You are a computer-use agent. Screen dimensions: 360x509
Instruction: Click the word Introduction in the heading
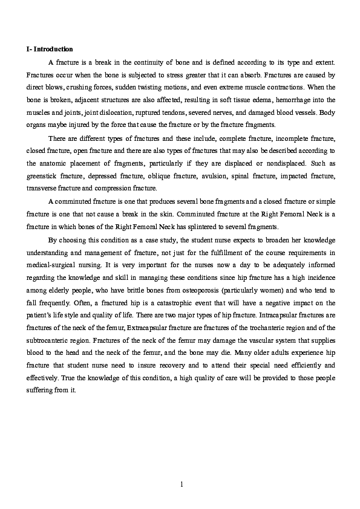click(55, 49)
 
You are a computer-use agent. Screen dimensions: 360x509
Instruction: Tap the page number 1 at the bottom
click(180, 484)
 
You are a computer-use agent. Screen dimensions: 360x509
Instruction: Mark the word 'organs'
click(37, 125)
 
